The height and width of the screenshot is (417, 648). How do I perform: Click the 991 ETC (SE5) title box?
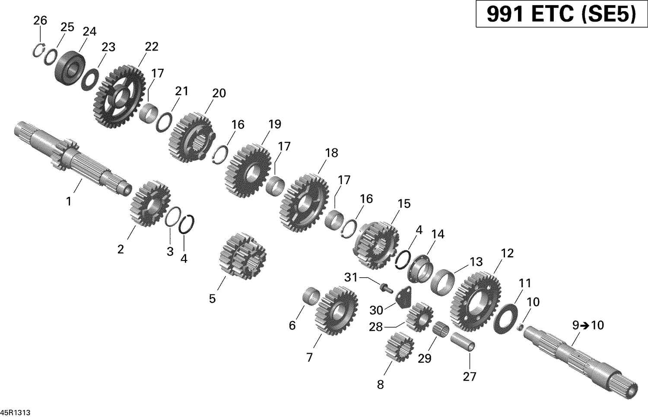click(561, 15)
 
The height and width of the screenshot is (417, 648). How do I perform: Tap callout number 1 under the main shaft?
click(68, 201)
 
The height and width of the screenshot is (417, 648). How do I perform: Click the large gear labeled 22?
click(119, 96)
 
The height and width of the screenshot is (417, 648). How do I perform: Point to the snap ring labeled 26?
click(39, 50)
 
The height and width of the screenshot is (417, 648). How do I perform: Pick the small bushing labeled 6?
click(310, 297)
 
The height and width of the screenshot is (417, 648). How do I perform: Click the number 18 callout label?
click(331, 153)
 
